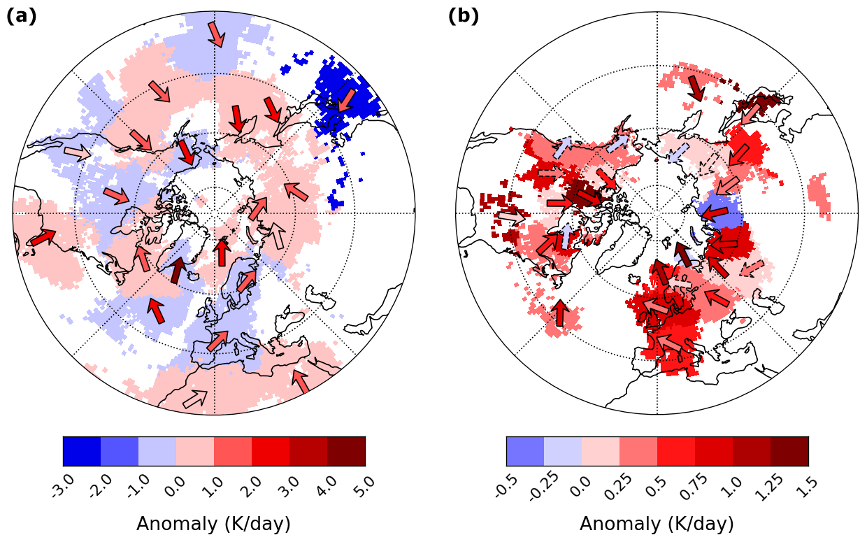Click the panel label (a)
tap(21, 16)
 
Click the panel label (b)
tap(463, 16)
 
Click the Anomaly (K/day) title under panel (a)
tap(213, 524)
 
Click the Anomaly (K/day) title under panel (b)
tap(657, 524)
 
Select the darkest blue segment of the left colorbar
tap(82, 451)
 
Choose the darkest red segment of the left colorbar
tap(346, 451)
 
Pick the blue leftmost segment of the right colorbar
tap(525, 451)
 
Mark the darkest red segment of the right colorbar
tap(789, 451)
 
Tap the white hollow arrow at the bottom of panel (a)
tap(195, 399)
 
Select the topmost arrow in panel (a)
tap(216, 34)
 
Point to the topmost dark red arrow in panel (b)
tap(696, 88)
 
